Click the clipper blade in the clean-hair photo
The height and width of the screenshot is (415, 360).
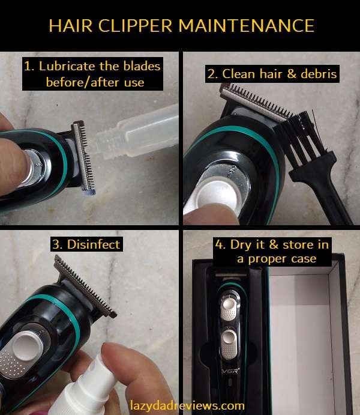[x=252, y=102]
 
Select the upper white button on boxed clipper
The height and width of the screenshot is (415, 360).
[x=229, y=307]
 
